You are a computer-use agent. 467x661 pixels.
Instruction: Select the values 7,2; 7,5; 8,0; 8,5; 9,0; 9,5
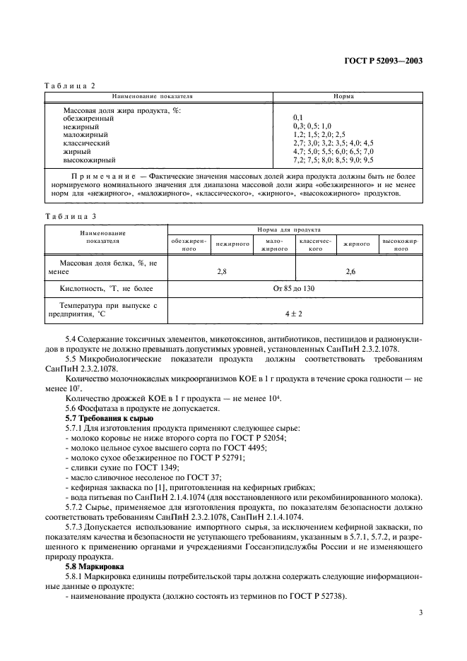pyautogui.click(x=333, y=160)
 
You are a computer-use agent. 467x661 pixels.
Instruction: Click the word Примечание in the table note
pyautogui.click(x=101, y=174)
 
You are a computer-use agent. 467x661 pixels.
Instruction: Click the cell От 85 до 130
pyautogui.click(x=294, y=289)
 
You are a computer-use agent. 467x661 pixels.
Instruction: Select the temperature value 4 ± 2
pyautogui.click(x=294, y=311)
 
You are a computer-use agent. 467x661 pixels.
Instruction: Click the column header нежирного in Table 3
pyautogui.click(x=233, y=244)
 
